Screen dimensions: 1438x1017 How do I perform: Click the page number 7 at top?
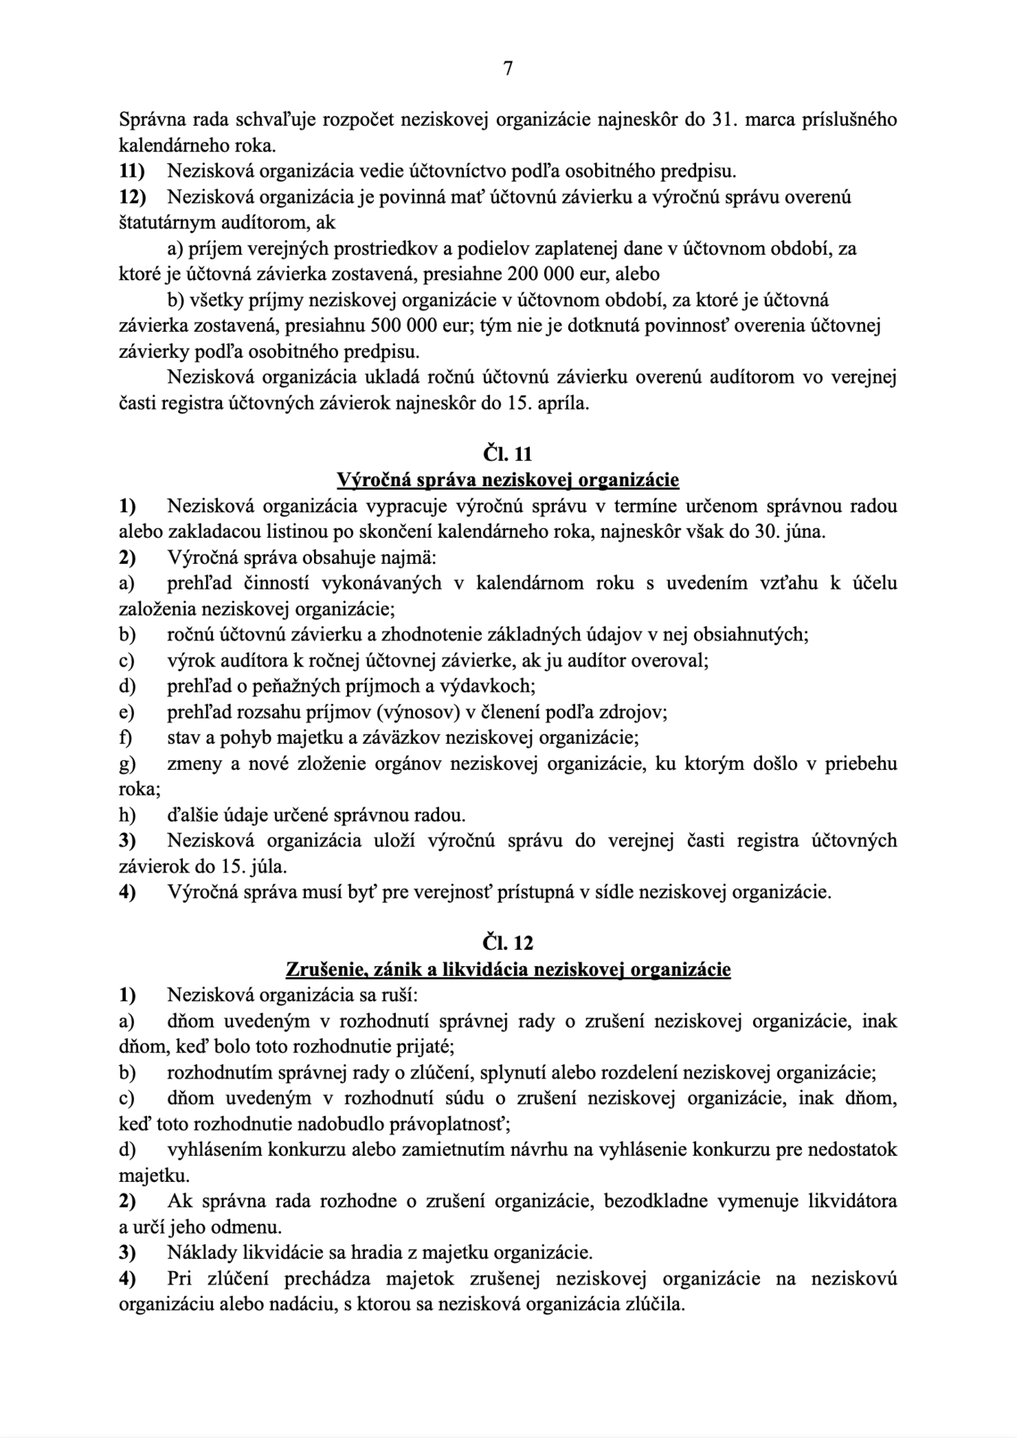point(508,69)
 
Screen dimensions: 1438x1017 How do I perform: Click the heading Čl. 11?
point(508,454)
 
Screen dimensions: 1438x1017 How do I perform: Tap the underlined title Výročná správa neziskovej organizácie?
point(508,480)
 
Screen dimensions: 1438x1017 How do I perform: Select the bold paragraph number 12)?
point(134,197)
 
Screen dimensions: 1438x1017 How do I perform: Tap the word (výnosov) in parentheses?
point(417,712)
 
